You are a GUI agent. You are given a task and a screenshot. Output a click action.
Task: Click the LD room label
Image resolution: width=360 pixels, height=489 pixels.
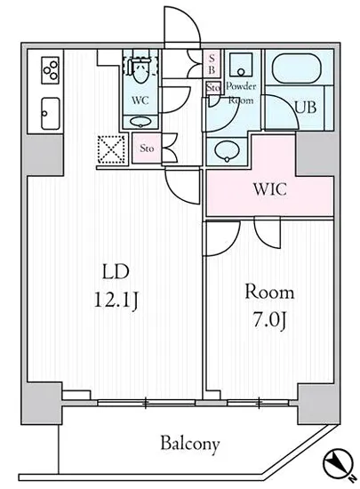pos(116,271)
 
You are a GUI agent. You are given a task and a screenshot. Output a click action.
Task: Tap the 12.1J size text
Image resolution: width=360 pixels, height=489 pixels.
pos(116,301)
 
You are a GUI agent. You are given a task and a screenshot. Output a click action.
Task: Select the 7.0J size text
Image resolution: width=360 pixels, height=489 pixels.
pos(269,322)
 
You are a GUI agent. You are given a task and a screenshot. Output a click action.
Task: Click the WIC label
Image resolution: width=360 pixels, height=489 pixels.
pos(270,189)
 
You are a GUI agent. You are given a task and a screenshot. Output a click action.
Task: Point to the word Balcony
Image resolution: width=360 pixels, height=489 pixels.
pos(190,444)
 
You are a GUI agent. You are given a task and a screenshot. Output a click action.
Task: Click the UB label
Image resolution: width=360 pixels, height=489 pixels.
pos(306,108)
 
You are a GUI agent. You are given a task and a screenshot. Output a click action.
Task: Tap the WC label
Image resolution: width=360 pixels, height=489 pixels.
pos(140,100)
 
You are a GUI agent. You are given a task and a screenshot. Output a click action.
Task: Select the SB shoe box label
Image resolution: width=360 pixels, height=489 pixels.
pos(212,64)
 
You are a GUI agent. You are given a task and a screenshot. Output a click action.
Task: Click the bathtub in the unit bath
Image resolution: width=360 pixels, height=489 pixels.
pos(296,68)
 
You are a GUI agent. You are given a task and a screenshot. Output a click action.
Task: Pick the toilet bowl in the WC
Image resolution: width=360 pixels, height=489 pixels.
pos(140,70)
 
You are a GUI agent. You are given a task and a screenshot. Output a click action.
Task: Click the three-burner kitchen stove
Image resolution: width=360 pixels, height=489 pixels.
pos(50,70)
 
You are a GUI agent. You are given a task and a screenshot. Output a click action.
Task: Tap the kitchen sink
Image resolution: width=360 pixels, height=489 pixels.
pos(50,114)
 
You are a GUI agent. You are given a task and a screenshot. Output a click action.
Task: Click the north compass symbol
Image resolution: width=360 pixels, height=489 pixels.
pos(339,462)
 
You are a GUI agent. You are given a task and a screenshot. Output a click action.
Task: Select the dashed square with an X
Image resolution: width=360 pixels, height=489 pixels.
pos(111,149)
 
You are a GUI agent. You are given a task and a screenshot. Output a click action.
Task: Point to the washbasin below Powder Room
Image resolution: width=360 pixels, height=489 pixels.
pos(227,151)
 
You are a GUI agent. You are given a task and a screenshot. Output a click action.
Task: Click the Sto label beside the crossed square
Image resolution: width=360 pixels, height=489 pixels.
pos(147,148)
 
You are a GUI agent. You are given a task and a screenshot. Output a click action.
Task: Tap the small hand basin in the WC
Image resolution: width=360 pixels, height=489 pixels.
pos(140,122)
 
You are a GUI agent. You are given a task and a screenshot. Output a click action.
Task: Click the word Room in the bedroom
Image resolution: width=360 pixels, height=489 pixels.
pos(269,293)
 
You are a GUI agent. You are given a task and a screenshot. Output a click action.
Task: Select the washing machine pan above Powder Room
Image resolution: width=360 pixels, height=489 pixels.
pos(241,65)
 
